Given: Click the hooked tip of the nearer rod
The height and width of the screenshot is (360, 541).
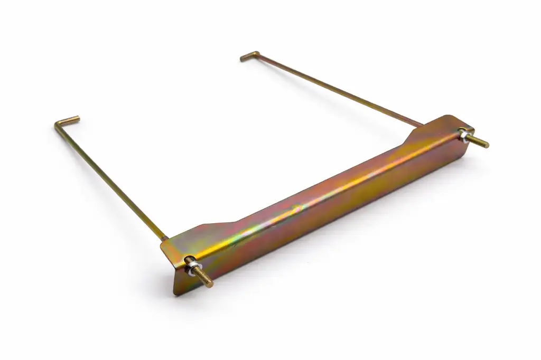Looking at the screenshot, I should tap(77, 118).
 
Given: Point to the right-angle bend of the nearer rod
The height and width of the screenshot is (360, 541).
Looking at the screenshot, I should tap(57, 124).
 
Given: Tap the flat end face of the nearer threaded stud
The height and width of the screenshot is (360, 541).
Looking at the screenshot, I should tap(211, 285).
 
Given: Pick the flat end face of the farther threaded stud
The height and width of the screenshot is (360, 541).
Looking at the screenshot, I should tap(486, 145).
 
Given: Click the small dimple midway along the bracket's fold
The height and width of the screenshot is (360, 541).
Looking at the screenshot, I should tap(296, 207).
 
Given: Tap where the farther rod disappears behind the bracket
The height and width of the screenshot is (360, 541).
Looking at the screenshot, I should tap(420, 125).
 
